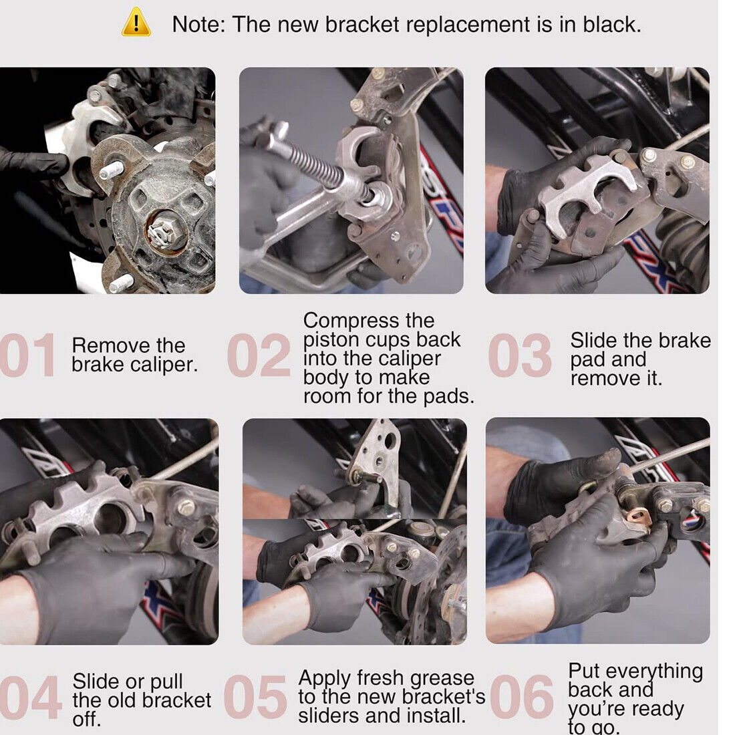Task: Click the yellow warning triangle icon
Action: (136, 23)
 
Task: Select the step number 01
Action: (27, 355)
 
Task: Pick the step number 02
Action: (259, 355)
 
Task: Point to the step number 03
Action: (519, 355)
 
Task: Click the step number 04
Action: (30, 697)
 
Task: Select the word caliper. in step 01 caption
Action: (164, 364)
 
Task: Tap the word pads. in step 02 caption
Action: (448, 397)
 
